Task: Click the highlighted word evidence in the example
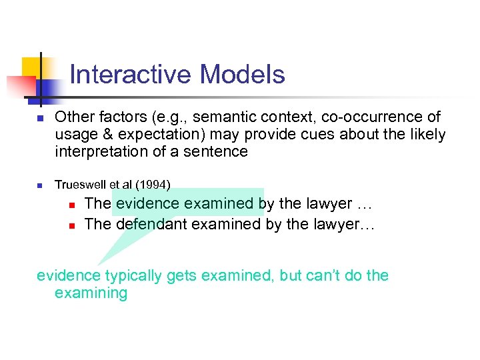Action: (147, 203)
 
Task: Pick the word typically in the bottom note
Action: (135, 275)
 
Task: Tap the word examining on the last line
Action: (91, 293)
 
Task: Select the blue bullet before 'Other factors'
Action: (40, 119)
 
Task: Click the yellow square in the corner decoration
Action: (30, 67)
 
